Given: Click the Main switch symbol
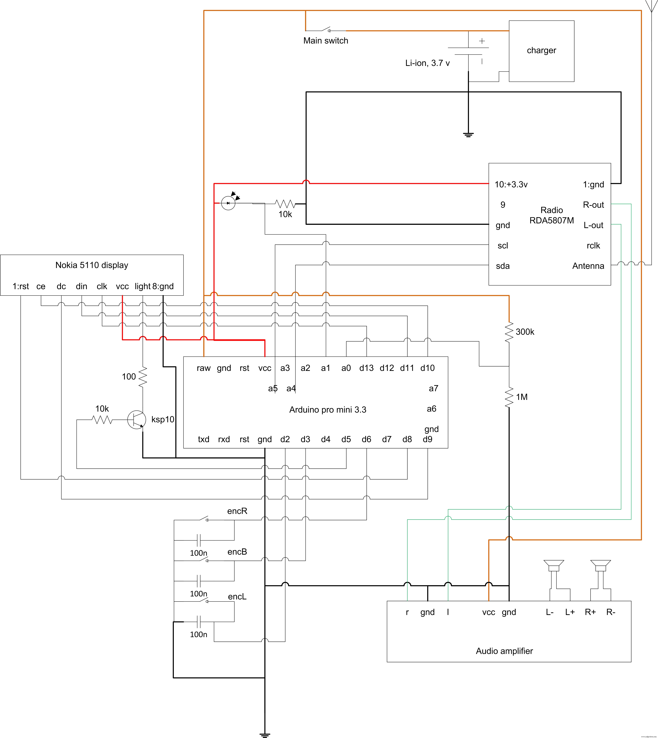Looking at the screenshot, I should coord(325,30).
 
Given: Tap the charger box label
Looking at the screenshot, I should coord(541,50).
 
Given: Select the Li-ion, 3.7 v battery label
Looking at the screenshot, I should coord(427,63).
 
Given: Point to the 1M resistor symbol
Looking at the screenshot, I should coord(509,397).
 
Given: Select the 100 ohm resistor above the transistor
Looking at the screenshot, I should coord(143,377).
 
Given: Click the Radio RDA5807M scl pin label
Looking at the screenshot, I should coord(503,246).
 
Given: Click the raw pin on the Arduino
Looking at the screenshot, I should coord(204,368).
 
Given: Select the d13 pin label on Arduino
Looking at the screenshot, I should coord(366,368).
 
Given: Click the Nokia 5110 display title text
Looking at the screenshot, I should coord(92,265).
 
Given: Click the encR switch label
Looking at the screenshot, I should coord(237,511).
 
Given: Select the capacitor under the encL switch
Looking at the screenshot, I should coord(198,622).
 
